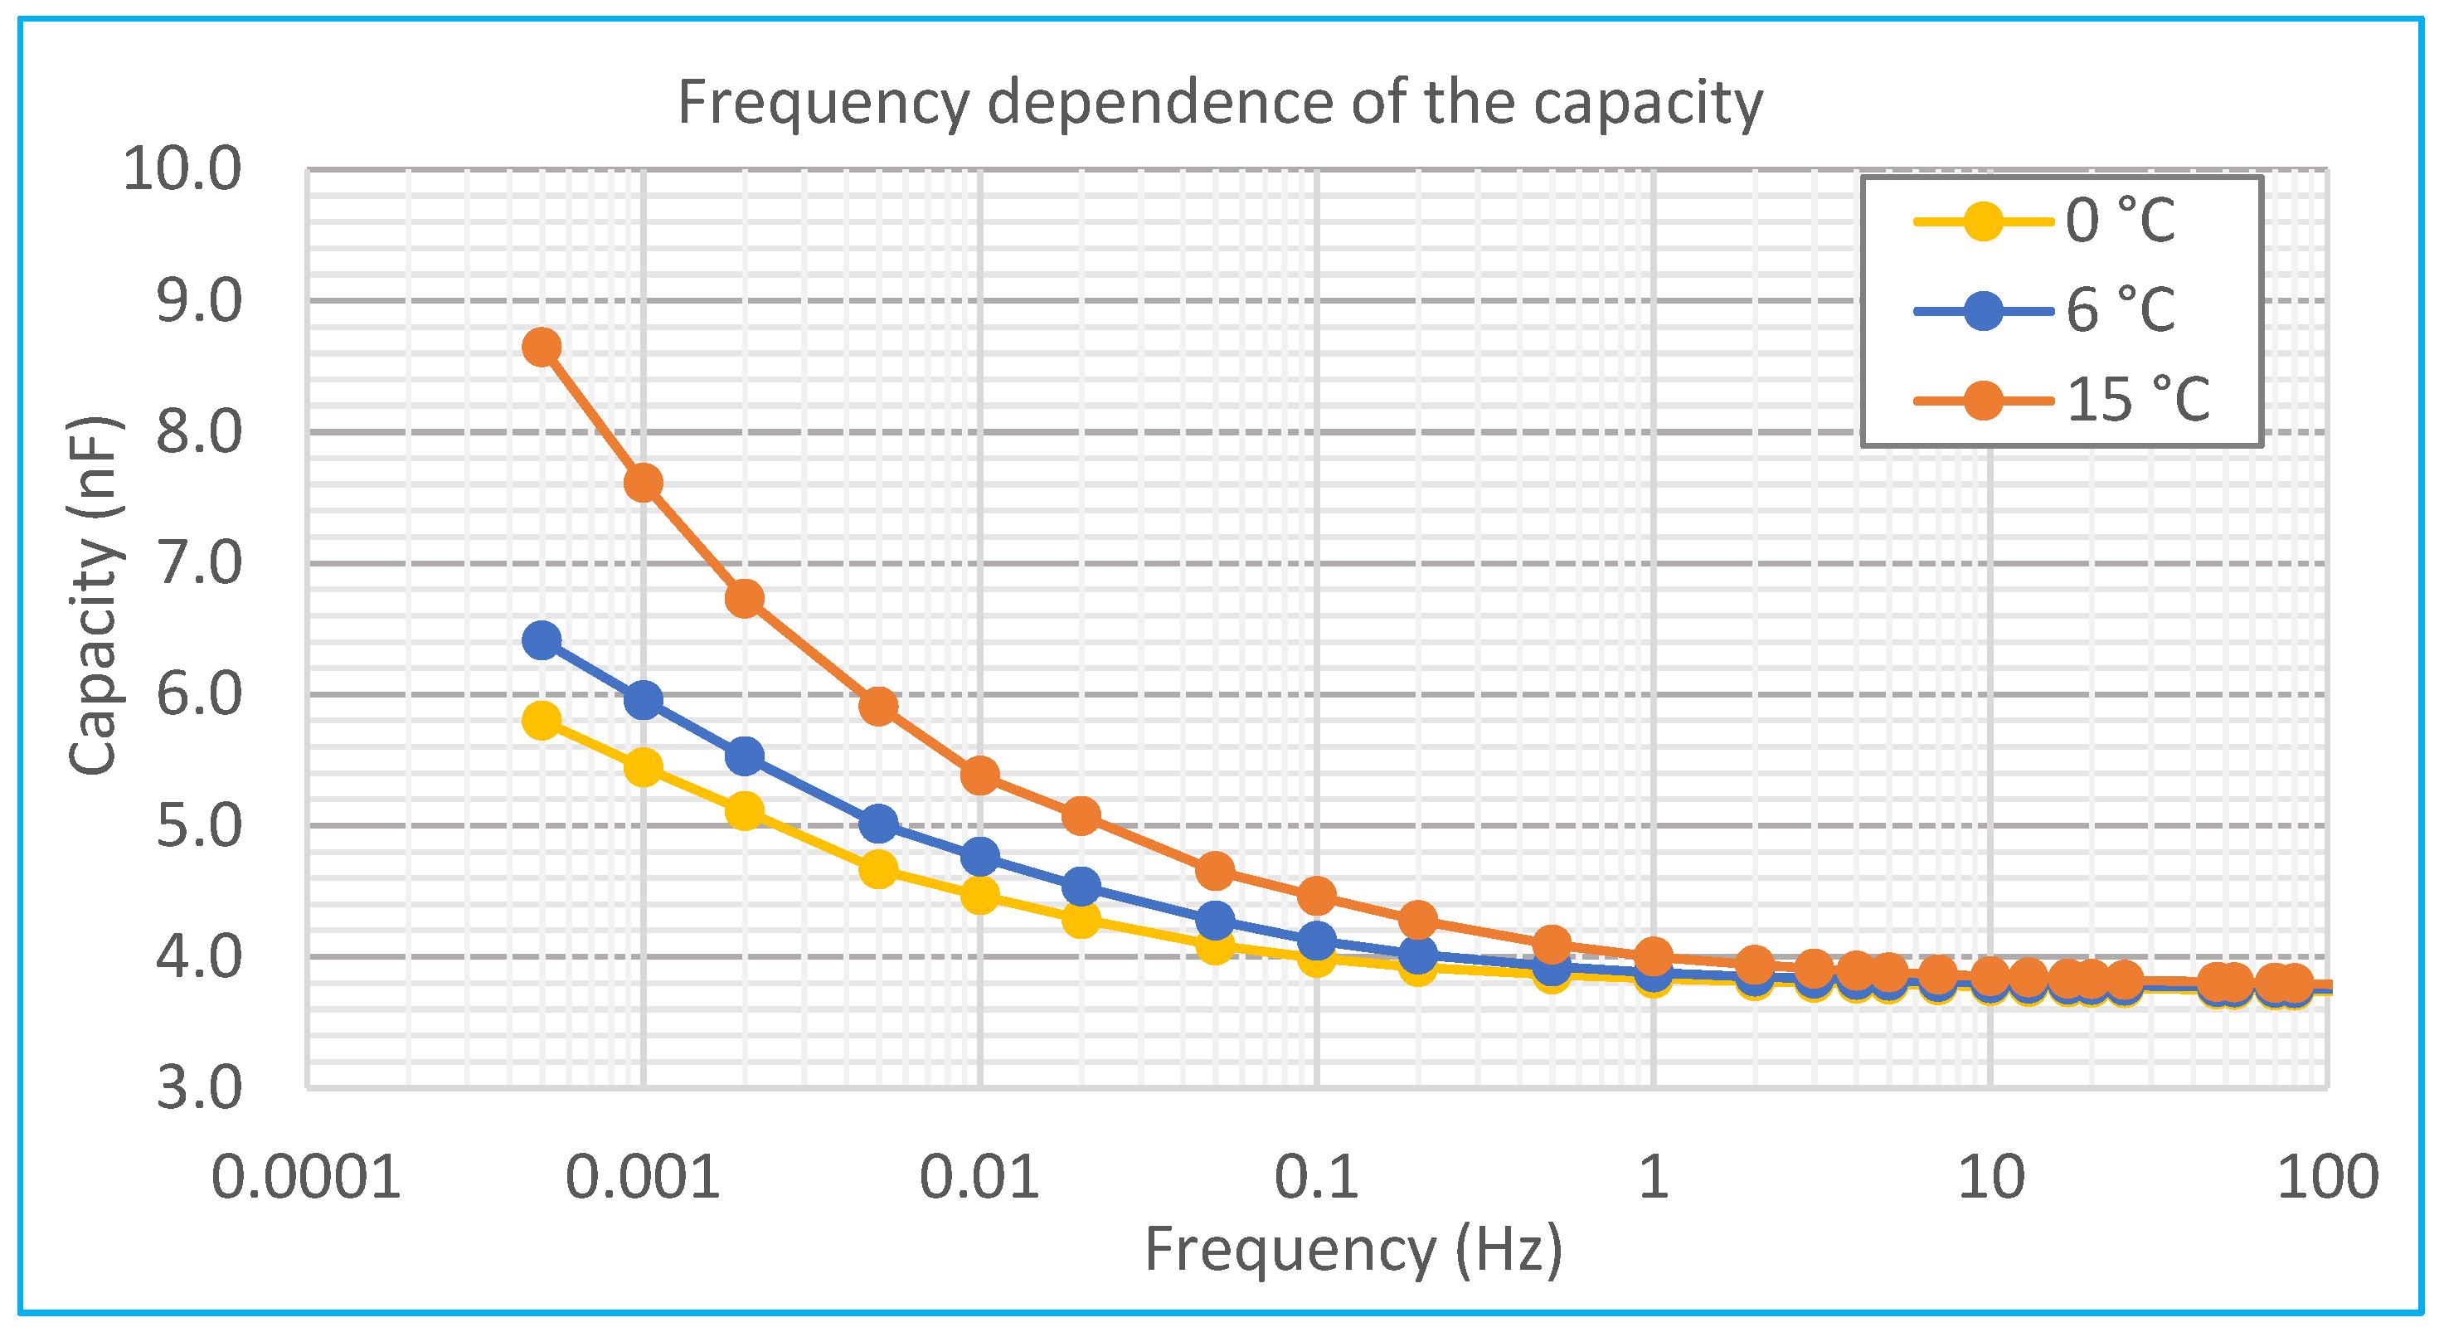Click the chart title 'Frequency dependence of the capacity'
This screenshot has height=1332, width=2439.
pyautogui.click(x=1219, y=102)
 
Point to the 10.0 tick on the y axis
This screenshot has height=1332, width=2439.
pyautogui.click(x=182, y=170)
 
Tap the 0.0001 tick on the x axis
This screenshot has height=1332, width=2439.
pyautogui.click(x=306, y=1178)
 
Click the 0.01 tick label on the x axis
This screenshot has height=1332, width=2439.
pyautogui.click(x=979, y=1178)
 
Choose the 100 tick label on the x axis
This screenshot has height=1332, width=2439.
pyautogui.click(x=2326, y=1178)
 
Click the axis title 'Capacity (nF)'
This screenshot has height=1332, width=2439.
pyautogui.click(x=95, y=596)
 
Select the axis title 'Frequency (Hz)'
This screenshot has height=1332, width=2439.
pyautogui.click(x=1354, y=1250)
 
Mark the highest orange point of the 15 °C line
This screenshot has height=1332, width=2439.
pyautogui.click(x=541, y=348)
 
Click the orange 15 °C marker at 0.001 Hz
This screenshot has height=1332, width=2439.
pyautogui.click(x=643, y=484)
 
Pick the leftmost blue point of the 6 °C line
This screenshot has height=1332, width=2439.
pyautogui.click(x=541, y=641)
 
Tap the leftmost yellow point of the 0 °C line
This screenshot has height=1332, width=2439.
pyautogui.click(x=541, y=721)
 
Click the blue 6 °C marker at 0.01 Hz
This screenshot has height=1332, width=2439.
pyautogui.click(x=979, y=857)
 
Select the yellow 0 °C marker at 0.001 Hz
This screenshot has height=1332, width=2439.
pyautogui.click(x=643, y=768)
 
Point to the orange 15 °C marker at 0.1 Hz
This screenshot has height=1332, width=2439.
pyautogui.click(x=1317, y=895)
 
